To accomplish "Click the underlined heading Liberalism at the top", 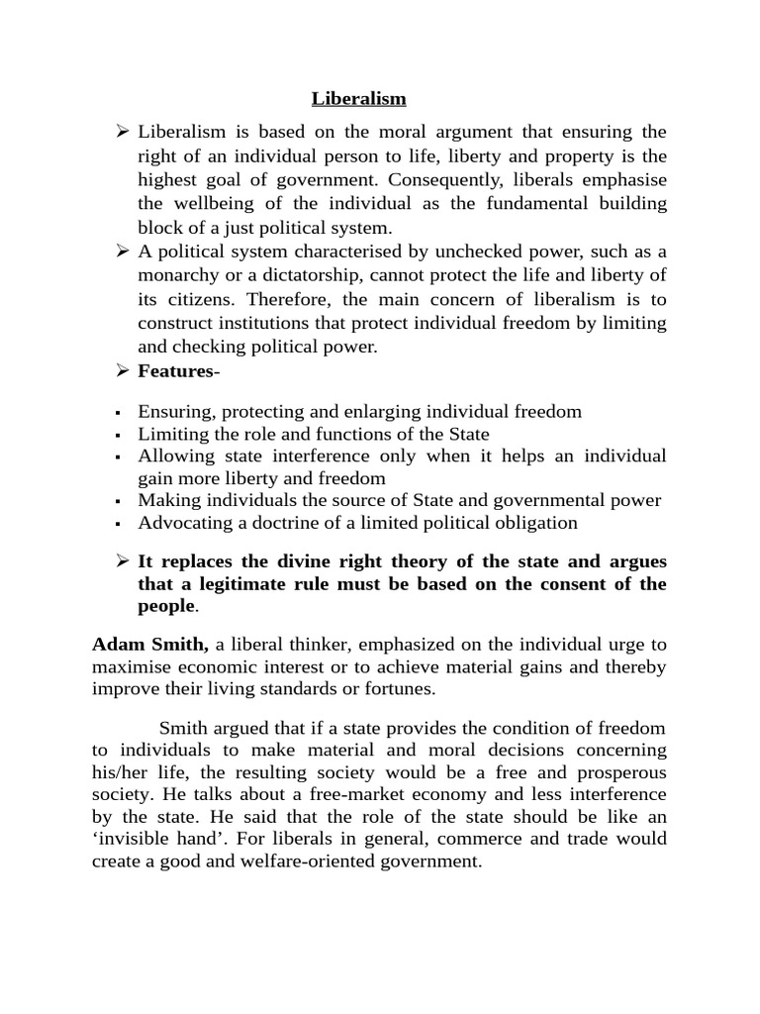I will tap(359, 98).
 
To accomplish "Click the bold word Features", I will tap(175, 371).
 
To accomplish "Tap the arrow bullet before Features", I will tap(124, 371).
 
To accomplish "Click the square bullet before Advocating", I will tap(118, 523).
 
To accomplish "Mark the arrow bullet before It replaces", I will tap(124, 561).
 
